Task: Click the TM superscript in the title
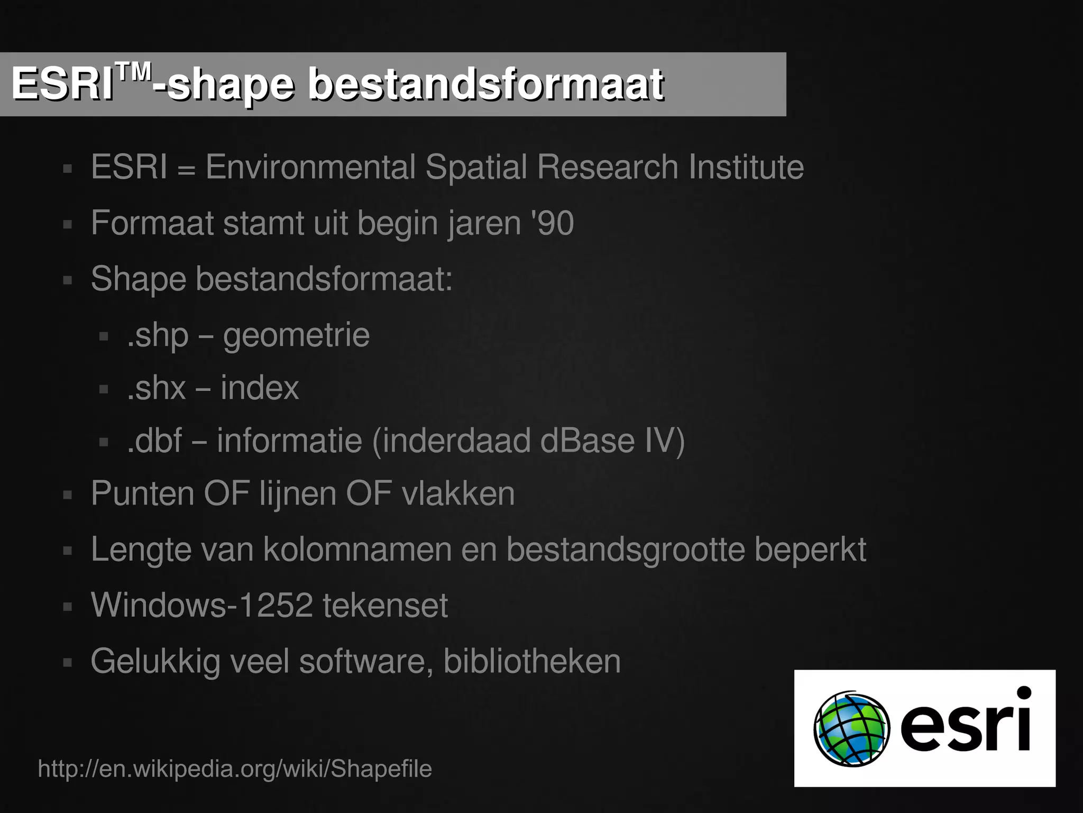pos(133,71)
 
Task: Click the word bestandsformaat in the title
pos(485,85)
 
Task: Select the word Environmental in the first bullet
pos(310,167)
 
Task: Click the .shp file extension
pos(158,335)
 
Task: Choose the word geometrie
pos(296,335)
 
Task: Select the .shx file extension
pos(157,388)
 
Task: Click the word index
pos(260,388)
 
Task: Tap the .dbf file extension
pos(155,441)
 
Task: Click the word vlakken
pos(458,494)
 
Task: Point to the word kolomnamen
pos(357,550)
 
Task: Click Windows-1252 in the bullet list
pos(201,605)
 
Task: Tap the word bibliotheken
pos(531,661)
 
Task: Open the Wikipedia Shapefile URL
pos(235,769)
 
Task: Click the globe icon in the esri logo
pos(851,729)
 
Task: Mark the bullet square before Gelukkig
pos(67,662)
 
